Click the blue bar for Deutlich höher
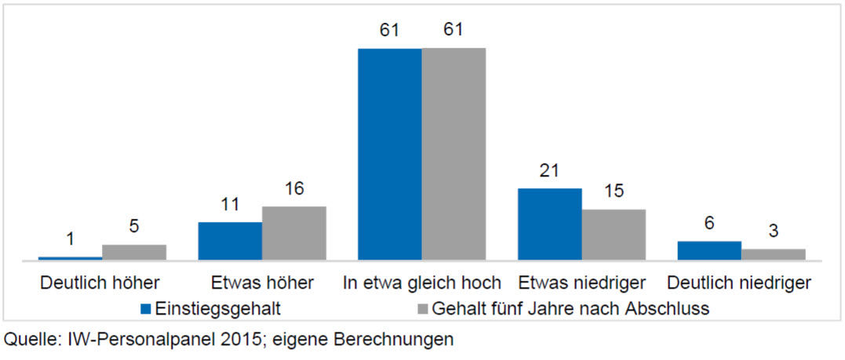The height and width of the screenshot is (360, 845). [x=70, y=257]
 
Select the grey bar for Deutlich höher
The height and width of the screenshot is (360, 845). [x=133, y=252]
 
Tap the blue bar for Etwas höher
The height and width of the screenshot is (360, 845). [x=230, y=240]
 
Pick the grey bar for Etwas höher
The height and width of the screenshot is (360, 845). [x=293, y=232]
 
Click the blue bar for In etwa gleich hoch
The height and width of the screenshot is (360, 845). [x=390, y=154]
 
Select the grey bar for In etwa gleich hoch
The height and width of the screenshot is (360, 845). [x=453, y=154]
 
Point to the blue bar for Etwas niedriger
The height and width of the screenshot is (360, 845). [x=549, y=224]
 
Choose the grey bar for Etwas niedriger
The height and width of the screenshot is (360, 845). [x=614, y=234]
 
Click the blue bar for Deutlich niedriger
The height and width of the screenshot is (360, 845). [x=709, y=250]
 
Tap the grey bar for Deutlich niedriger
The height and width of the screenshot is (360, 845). [x=774, y=254]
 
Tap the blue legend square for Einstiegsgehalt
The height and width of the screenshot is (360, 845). [x=145, y=307]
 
